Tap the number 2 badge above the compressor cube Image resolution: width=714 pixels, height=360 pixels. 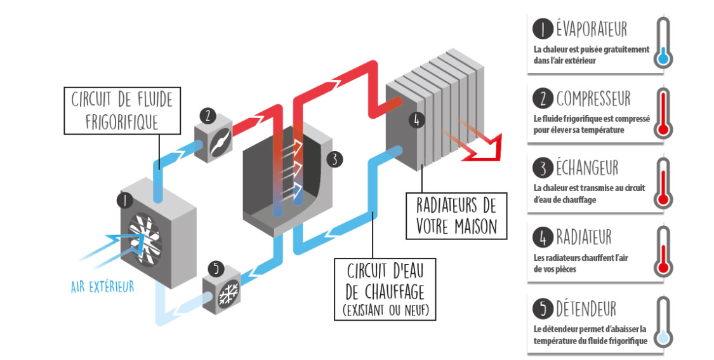point(206,116)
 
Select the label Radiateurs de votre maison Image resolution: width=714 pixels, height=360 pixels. point(456,216)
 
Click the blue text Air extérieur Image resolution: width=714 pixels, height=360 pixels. point(103,287)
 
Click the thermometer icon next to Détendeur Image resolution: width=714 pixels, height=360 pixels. point(663,323)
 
